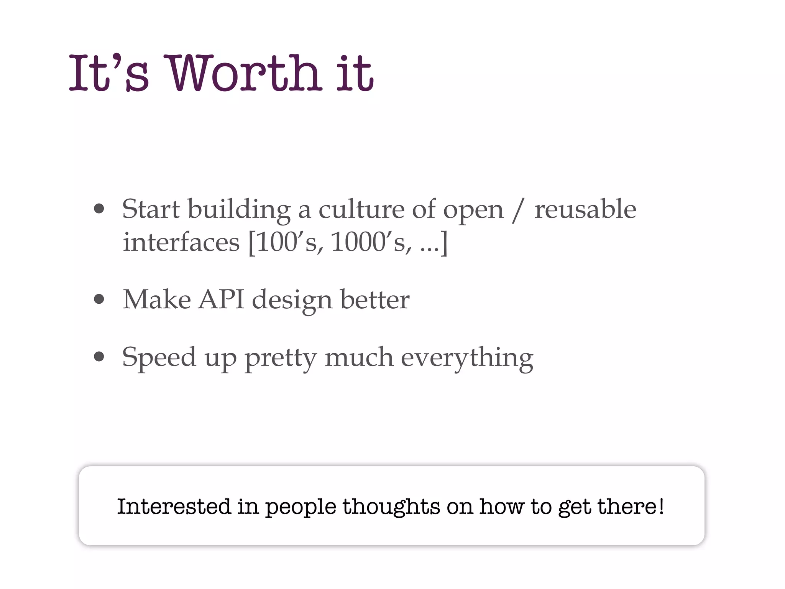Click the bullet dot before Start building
click(x=99, y=209)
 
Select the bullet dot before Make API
click(x=99, y=299)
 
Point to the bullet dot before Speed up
click(x=99, y=357)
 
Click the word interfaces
click(x=181, y=242)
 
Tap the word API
click(x=221, y=299)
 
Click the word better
click(x=375, y=299)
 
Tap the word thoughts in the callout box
click(x=391, y=507)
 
